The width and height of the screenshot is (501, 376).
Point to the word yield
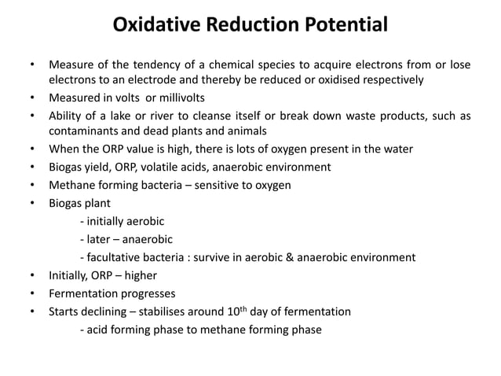pos(102,166)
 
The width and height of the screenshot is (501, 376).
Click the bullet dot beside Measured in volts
pos(32,98)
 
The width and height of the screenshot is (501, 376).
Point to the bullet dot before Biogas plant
pos(32,202)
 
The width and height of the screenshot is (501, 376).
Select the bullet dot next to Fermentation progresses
pos(32,293)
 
